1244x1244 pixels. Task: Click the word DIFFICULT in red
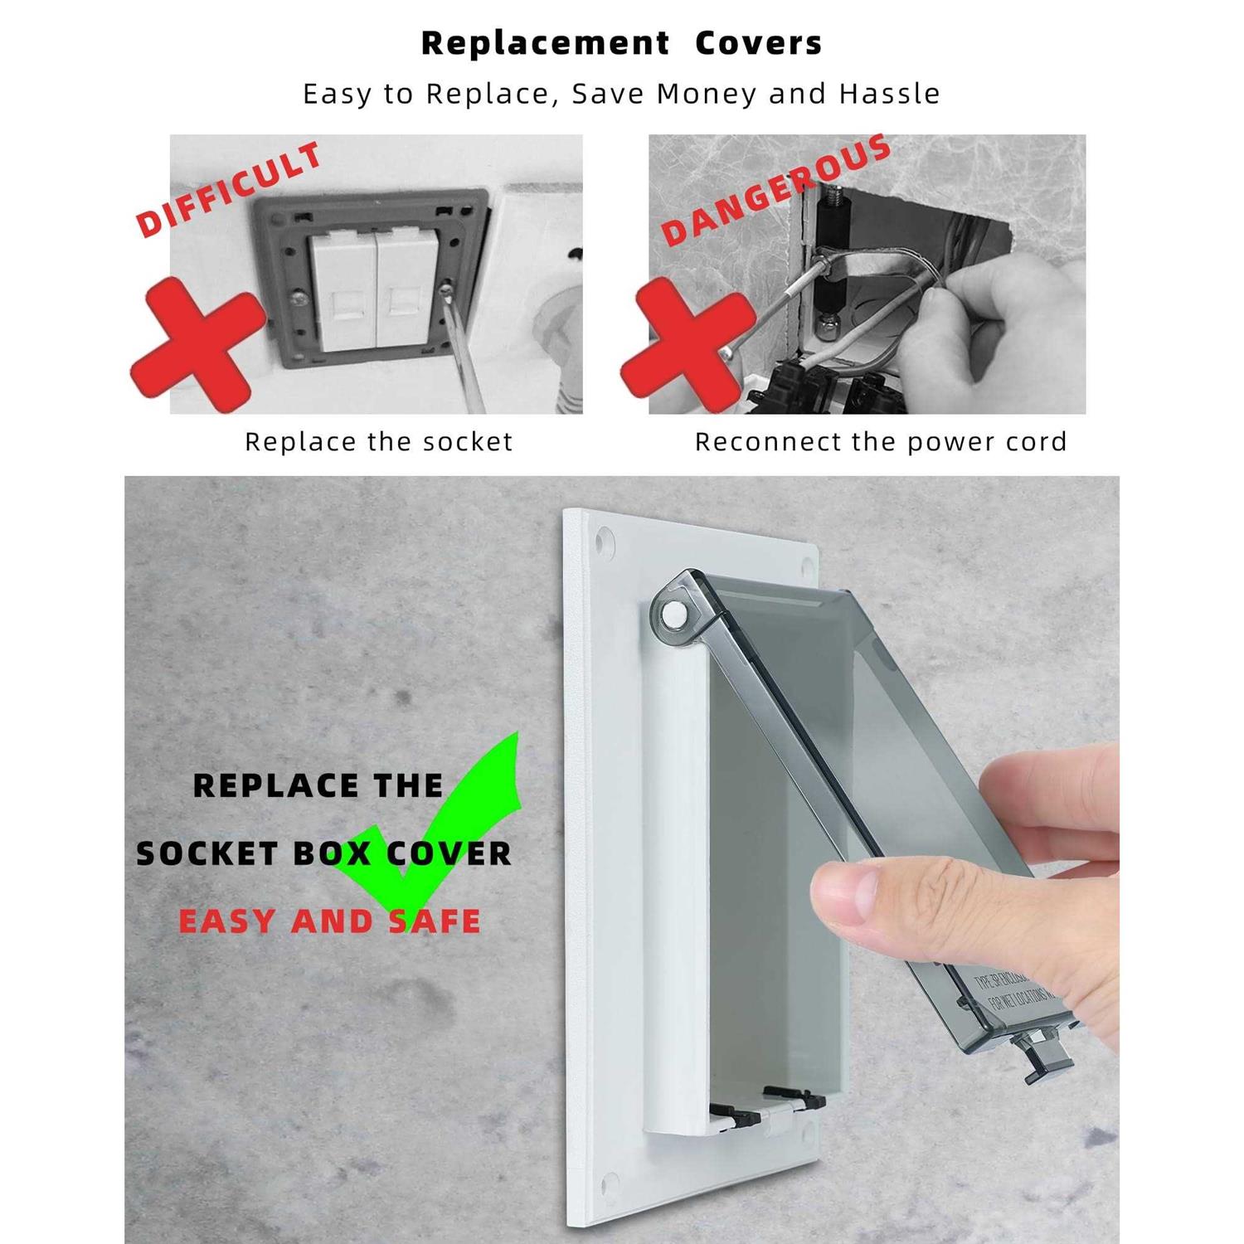pyautogui.click(x=230, y=189)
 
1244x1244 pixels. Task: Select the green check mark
pyautogui.click(x=440, y=829)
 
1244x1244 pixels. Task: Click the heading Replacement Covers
pyautogui.click(x=621, y=43)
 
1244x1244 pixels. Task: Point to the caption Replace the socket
pyautogui.click(x=379, y=441)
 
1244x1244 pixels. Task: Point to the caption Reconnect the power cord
pyautogui.click(x=881, y=441)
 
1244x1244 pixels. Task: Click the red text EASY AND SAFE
pyautogui.click(x=330, y=921)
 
